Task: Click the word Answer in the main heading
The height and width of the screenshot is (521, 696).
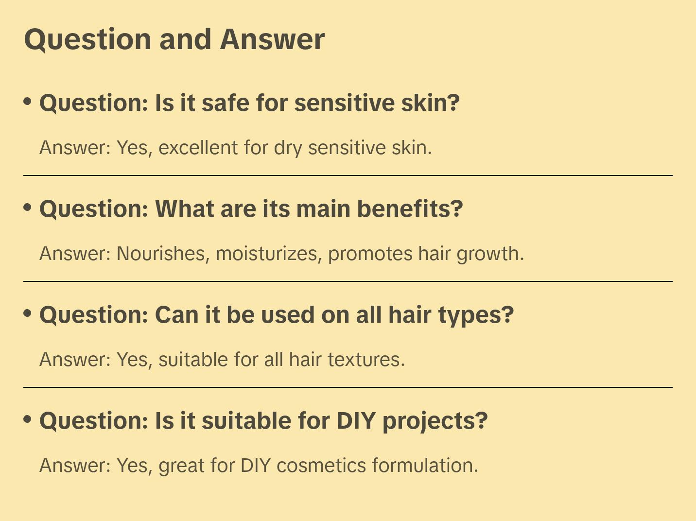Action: [272, 39]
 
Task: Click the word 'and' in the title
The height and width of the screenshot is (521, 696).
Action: [185, 39]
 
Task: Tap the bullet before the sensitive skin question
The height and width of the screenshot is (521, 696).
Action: [28, 102]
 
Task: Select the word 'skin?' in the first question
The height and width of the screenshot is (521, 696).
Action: [430, 103]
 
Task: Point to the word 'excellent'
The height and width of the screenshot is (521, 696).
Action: [198, 148]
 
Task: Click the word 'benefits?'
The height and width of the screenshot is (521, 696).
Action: [410, 209]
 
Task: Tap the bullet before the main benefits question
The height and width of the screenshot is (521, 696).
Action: [28, 208]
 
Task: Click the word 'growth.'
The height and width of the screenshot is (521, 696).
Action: [490, 254]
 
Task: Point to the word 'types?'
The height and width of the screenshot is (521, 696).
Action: [476, 315]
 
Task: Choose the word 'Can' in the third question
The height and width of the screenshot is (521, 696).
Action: [177, 315]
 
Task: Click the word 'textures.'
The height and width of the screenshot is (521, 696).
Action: [366, 360]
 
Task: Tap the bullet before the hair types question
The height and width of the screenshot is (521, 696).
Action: [28, 313]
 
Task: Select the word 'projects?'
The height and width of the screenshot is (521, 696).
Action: [435, 421]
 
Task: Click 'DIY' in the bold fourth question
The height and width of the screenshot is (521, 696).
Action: [356, 420]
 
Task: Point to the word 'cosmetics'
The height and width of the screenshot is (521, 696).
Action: [321, 466]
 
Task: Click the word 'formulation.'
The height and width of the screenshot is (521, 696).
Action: [425, 465]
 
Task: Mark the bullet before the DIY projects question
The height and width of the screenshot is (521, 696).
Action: [28, 419]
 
